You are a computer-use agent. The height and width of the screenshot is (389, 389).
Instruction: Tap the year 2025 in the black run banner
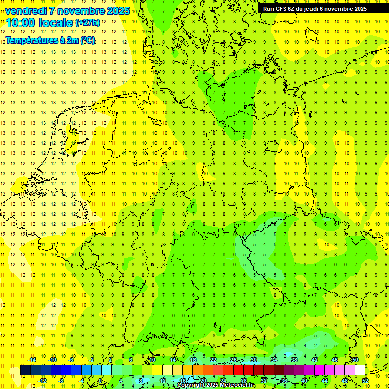pyautogui.click(x=358, y=9)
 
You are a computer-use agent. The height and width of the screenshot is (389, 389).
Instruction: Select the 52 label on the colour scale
pyautogui.click(x=366, y=381)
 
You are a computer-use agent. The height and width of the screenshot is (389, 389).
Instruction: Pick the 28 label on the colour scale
pyautogui.click(x=244, y=381)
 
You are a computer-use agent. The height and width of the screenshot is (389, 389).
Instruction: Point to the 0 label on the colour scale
pyautogui.click(x=100, y=381)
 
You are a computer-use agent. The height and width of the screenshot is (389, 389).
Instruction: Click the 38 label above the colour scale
pyautogui.click(x=294, y=360)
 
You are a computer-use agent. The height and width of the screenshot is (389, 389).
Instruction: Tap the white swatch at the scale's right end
pyautogui.click(x=360, y=370)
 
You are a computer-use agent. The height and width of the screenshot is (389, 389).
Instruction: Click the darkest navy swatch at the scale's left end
pyautogui.click(x=25, y=370)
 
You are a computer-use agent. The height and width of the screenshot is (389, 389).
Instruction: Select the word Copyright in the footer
pyautogui.click(x=191, y=385)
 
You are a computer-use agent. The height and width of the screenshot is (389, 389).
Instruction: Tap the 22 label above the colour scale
pyautogui.click(x=213, y=360)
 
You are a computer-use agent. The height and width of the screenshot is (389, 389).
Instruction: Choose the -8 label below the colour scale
pyautogui.click(x=61, y=381)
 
